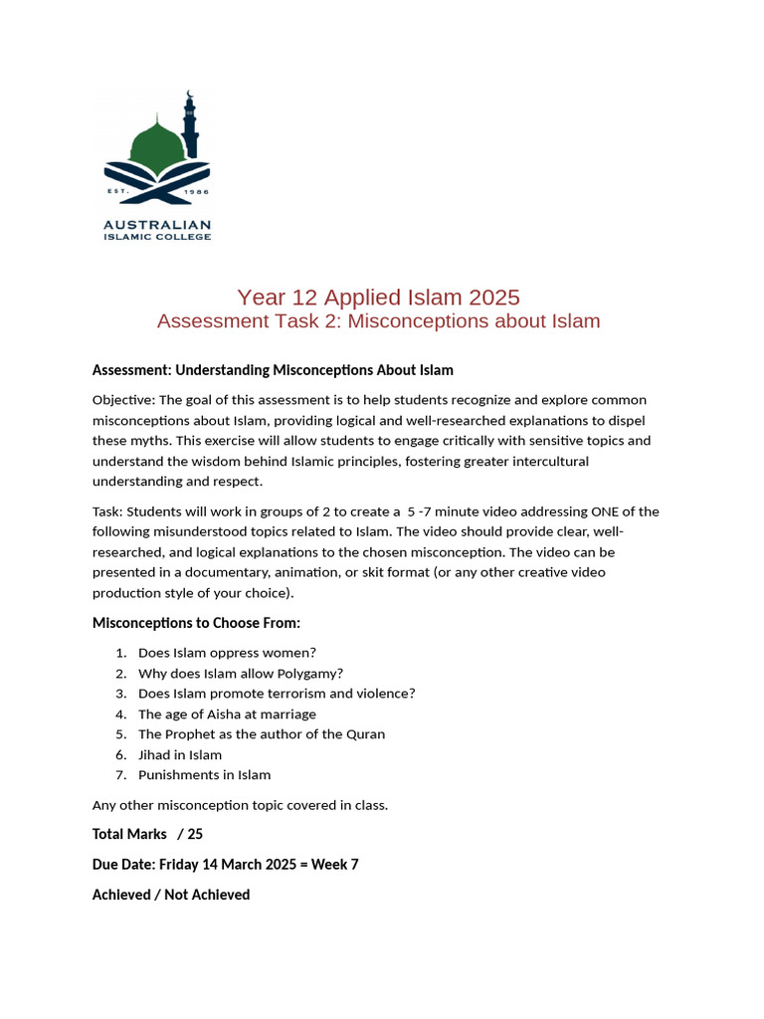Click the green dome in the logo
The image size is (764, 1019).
pyautogui.click(x=156, y=140)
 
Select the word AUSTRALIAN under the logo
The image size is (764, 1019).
pyautogui.click(x=157, y=225)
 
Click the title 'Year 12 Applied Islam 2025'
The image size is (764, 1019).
pyautogui.click(x=378, y=297)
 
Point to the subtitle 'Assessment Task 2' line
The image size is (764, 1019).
pyautogui.click(x=378, y=321)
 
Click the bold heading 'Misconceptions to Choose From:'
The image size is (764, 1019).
pyautogui.click(x=196, y=623)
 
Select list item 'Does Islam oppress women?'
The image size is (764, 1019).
pyautogui.click(x=227, y=653)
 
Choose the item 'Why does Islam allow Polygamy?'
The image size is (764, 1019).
pyautogui.click(x=241, y=673)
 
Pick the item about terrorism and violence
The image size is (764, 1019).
pyautogui.click(x=277, y=694)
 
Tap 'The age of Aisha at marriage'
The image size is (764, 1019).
pyautogui.click(x=227, y=713)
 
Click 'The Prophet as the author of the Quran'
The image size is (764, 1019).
pyautogui.click(x=262, y=734)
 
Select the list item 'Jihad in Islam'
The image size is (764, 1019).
pyautogui.click(x=180, y=754)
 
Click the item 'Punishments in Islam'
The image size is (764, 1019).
pyautogui.click(x=204, y=775)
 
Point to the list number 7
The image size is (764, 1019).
pyautogui.click(x=120, y=775)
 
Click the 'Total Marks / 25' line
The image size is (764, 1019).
pyautogui.click(x=147, y=834)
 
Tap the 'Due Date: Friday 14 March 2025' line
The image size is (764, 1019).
pyautogui.click(x=225, y=864)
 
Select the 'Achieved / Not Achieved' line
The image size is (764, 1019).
pyautogui.click(x=171, y=895)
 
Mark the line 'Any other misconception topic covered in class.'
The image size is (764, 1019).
pyautogui.click(x=240, y=805)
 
